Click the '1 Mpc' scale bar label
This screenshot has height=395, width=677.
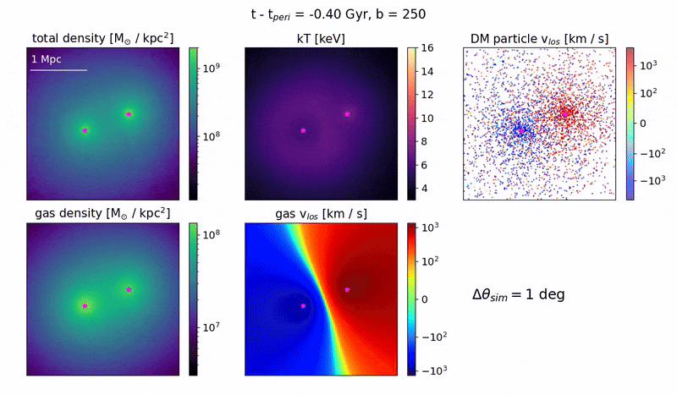tap(46, 59)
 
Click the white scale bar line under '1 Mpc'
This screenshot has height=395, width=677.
tap(58, 70)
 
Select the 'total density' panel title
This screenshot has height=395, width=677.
tap(101, 39)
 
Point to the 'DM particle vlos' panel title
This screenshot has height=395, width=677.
tap(539, 39)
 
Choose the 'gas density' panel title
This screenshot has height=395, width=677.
tap(101, 213)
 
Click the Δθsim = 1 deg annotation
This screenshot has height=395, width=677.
tap(518, 295)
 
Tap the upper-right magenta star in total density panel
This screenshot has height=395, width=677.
tap(129, 113)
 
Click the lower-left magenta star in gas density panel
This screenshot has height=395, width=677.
tap(85, 305)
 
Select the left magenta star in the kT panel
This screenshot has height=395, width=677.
tap(303, 130)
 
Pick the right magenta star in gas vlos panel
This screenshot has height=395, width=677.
tap(347, 289)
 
